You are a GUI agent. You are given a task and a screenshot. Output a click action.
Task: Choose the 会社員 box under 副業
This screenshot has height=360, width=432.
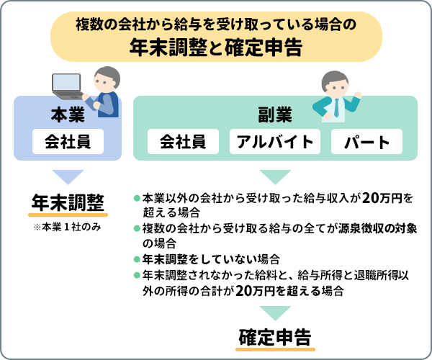[x=183, y=141]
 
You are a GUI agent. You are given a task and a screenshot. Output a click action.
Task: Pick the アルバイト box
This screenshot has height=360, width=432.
[x=275, y=141]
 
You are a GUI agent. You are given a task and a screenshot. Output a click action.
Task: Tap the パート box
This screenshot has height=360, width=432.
[x=366, y=141]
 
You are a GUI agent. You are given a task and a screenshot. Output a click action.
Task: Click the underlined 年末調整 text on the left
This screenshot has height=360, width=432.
[x=68, y=203]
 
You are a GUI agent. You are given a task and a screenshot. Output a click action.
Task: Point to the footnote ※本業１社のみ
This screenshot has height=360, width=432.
[x=68, y=227]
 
